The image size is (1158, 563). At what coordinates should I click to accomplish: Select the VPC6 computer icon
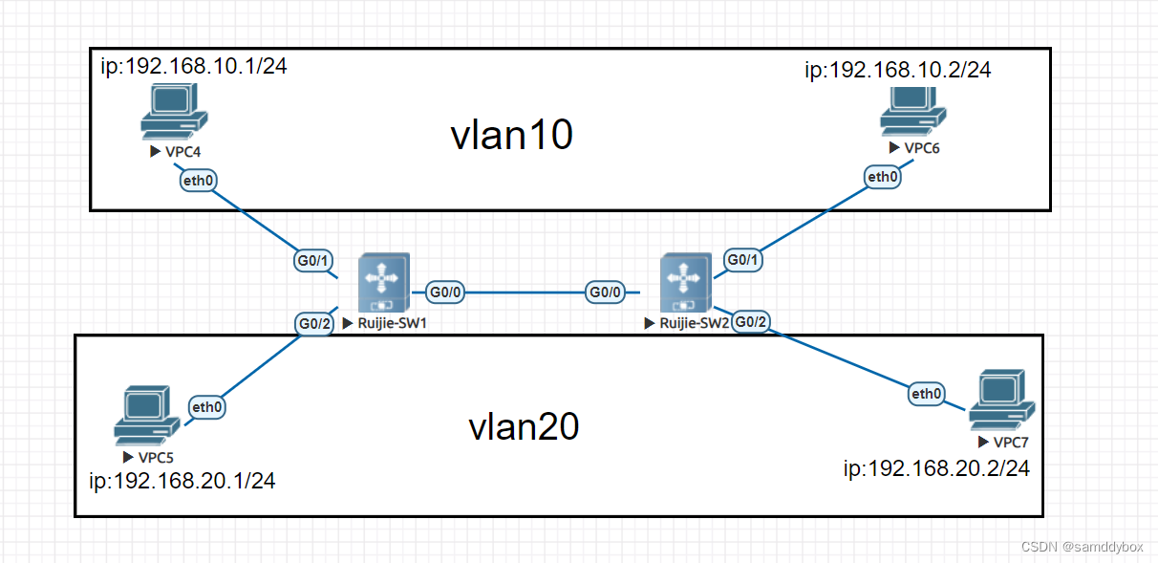coord(912,113)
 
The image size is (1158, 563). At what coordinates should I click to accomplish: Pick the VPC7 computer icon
coord(1000,404)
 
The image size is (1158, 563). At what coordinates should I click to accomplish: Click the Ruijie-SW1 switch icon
coord(383,283)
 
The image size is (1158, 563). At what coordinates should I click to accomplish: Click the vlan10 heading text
coord(511,136)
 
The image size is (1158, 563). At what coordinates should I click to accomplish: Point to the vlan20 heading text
coord(524,426)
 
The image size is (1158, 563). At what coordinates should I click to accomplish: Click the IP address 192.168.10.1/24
coord(194,66)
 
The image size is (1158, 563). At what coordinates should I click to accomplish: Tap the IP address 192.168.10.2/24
coord(898,70)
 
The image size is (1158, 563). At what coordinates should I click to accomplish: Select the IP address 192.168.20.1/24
coord(182,481)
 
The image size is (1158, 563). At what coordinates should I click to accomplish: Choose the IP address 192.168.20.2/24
coord(936,468)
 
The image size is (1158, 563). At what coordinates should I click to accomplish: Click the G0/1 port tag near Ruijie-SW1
coord(311,259)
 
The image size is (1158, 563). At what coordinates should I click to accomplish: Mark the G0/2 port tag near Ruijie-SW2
coord(752,321)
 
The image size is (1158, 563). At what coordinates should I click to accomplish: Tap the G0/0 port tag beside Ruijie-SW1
coord(444,292)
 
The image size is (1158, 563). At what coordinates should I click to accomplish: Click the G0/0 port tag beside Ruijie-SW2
coord(607,292)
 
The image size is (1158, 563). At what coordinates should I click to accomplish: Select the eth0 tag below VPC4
coord(199,180)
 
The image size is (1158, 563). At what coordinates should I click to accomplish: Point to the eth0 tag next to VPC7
coord(926,393)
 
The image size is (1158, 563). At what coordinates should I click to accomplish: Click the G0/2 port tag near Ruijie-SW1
coord(314,323)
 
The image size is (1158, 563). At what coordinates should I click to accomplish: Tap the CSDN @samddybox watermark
coord(1082,547)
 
